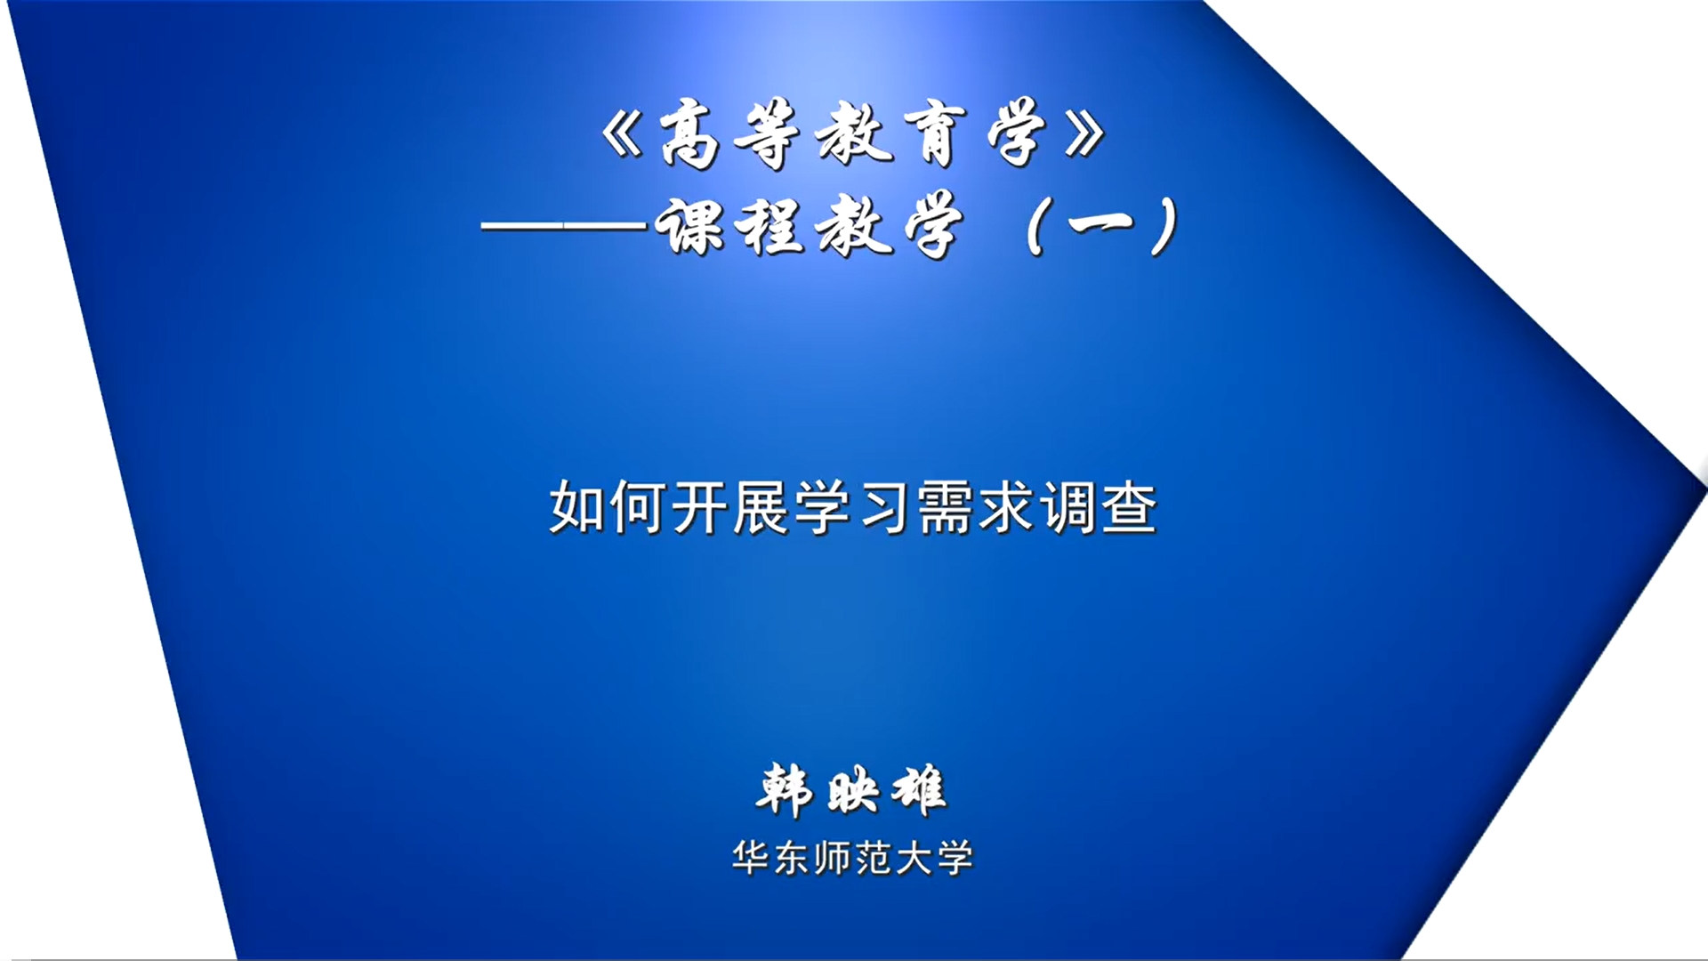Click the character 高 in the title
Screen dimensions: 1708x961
pos(689,134)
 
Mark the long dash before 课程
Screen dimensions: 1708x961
pos(563,227)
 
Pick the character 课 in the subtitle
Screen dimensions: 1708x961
pos(689,226)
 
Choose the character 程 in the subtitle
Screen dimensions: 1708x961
pos(772,226)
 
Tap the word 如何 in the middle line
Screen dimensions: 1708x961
pos(608,508)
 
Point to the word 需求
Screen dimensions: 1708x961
pos(976,508)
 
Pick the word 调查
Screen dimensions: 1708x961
pos(1099,508)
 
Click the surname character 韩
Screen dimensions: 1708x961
pos(785,790)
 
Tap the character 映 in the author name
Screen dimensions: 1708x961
pos(852,791)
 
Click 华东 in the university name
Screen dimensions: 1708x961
pos(770,859)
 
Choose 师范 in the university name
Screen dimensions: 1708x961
pos(852,859)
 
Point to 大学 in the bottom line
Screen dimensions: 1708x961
pos(934,859)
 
